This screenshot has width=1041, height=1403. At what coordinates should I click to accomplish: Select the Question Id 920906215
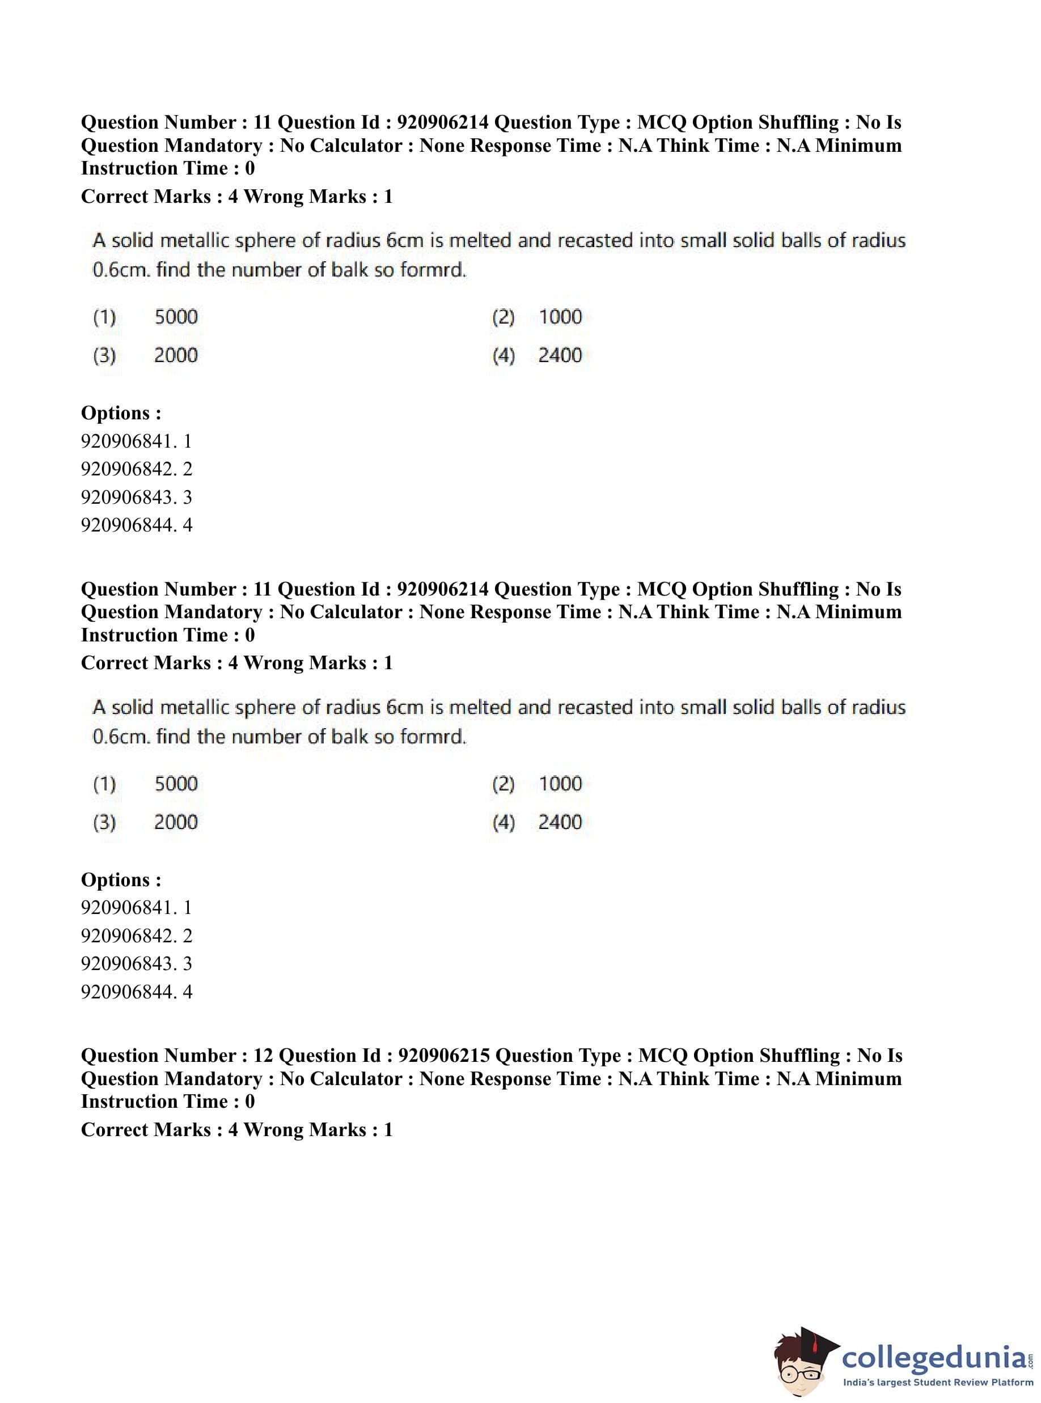click(x=445, y=1056)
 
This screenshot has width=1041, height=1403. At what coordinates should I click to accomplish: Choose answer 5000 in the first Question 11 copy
click(x=176, y=317)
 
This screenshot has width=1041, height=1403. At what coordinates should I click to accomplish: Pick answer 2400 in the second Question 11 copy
click(x=560, y=822)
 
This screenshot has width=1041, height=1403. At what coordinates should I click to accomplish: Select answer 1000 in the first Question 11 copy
click(x=560, y=317)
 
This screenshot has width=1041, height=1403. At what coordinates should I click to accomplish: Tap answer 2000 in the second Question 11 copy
click(x=176, y=822)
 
